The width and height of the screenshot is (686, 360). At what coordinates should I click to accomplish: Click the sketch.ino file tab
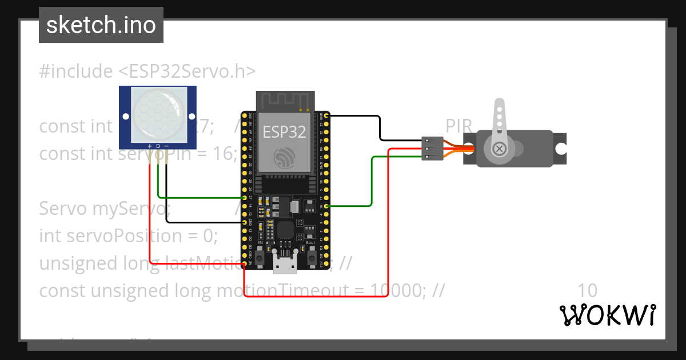pyautogui.click(x=101, y=25)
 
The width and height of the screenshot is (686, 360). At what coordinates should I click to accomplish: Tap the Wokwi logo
pyautogui.click(x=607, y=315)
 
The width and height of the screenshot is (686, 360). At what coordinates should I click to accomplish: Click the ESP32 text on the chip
pyautogui.click(x=284, y=132)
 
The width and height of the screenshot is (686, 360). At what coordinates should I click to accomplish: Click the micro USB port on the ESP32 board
pyautogui.click(x=285, y=265)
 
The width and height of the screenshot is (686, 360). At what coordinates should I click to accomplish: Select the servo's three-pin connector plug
pyautogui.click(x=432, y=149)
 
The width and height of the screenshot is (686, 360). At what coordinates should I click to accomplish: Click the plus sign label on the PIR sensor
pyautogui.click(x=150, y=146)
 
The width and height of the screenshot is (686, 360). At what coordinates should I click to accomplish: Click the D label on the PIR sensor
pyautogui.click(x=158, y=146)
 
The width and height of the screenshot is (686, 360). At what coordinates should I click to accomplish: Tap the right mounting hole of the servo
pyautogui.click(x=561, y=149)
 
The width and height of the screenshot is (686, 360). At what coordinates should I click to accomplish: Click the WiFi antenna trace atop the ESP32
pyautogui.click(x=285, y=101)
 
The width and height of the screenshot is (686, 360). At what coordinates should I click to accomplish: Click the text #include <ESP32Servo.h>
pyautogui.click(x=147, y=71)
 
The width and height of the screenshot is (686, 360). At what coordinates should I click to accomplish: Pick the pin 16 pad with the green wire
pyautogui.click(x=326, y=206)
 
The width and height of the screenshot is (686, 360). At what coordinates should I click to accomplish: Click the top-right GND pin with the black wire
pyautogui.click(x=326, y=116)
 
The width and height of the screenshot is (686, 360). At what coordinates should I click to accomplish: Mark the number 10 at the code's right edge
pyautogui.click(x=588, y=291)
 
